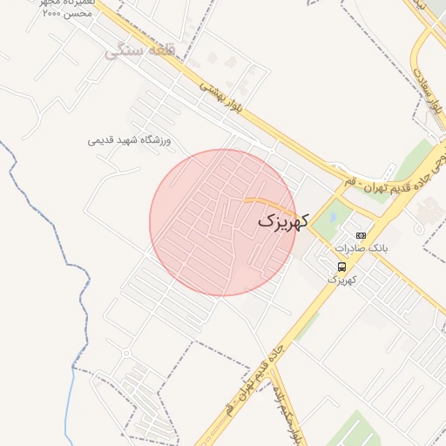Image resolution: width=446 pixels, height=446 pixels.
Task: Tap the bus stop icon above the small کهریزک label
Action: point(341,267)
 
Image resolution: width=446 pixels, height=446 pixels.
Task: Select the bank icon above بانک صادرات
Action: point(362,236)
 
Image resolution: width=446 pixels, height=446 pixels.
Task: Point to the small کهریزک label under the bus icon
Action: point(342,280)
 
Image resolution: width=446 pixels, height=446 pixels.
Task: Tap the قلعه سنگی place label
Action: point(140,51)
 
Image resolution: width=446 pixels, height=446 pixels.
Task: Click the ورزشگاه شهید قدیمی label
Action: point(131,140)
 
